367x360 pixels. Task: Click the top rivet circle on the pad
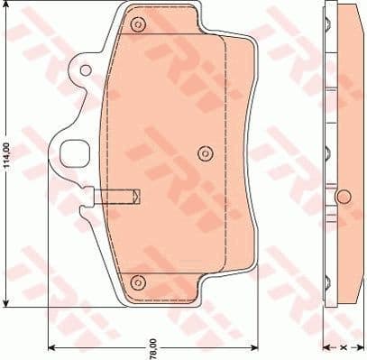[x=138, y=24]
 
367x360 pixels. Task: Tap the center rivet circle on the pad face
[x=204, y=152]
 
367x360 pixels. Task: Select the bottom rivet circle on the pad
[x=138, y=282]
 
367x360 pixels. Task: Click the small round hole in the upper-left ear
[x=83, y=69]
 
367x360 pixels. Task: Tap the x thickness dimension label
[x=343, y=346]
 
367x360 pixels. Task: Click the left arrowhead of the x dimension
[x=327, y=347]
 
